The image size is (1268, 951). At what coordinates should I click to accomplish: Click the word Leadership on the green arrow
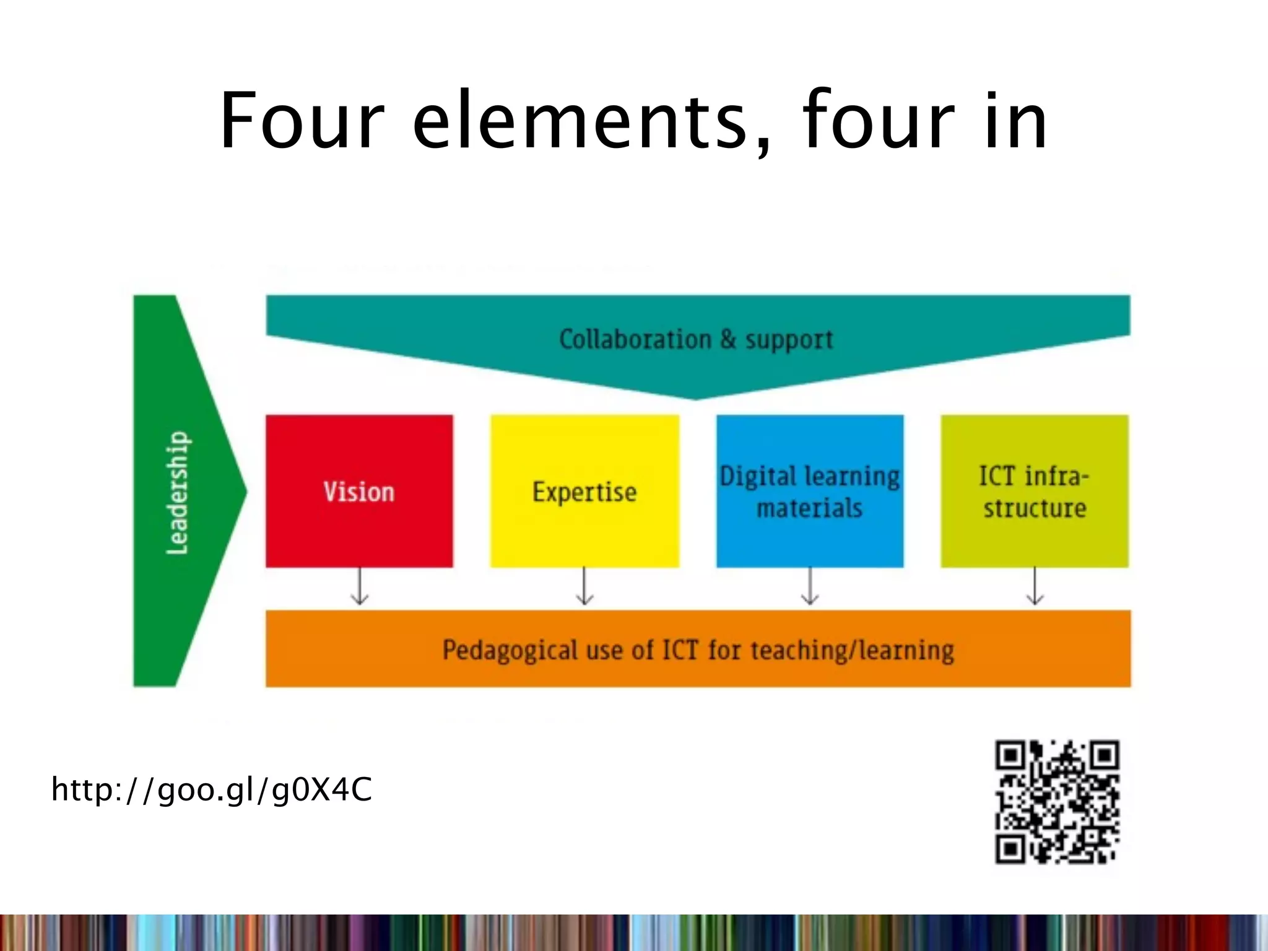click(x=178, y=492)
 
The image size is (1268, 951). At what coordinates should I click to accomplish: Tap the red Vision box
click(x=359, y=491)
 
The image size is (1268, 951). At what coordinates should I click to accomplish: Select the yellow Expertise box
click(x=584, y=491)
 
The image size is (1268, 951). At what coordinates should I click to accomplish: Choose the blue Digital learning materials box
click(x=810, y=491)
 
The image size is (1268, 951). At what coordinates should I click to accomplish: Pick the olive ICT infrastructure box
click(x=1035, y=491)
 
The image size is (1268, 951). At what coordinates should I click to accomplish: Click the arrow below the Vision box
click(x=360, y=587)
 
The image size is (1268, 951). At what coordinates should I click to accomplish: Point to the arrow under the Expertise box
click(x=584, y=587)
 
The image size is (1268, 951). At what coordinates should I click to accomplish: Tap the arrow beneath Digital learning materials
click(x=810, y=587)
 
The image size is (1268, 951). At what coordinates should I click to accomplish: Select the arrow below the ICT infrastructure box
click(x=1035, y=587)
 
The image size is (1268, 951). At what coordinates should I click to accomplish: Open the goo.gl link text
click(x=212, y=790)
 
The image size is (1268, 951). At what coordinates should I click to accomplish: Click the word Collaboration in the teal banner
click(x=635, y=339)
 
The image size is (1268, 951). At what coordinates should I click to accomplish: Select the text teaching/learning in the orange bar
click(x=853, y=651)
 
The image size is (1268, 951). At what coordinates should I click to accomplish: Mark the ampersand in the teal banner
click(x=728, y=339)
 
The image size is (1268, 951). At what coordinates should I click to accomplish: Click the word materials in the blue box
click(x=809, y=508)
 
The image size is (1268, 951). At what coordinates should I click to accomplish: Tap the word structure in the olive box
click(x=1035, y=508)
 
